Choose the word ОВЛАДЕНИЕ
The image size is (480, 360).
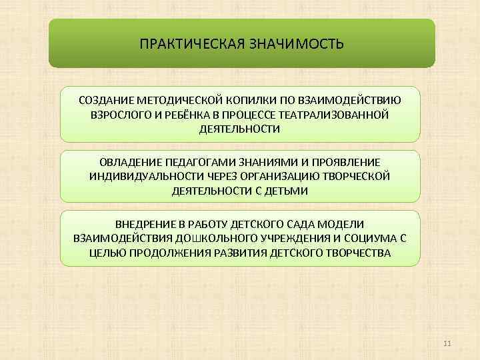(129, 163)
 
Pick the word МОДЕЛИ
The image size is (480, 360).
(345, 225)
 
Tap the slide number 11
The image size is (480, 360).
(447, 343)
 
